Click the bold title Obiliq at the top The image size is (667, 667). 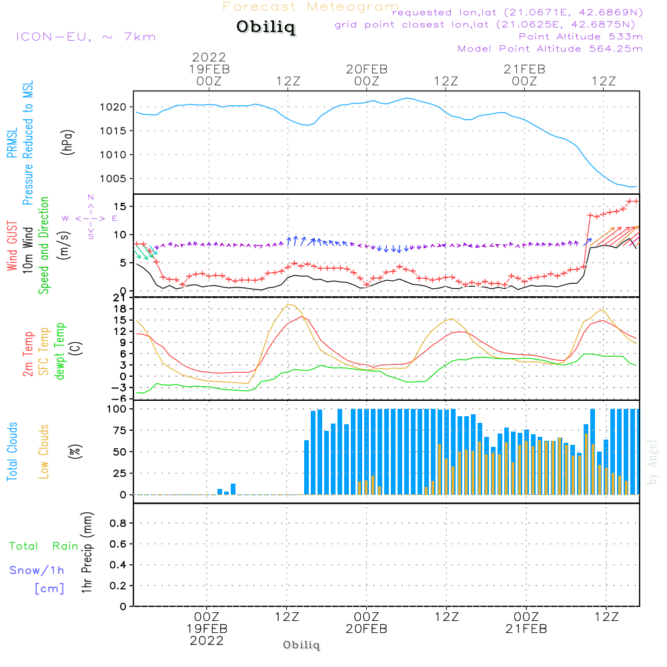point(265,27)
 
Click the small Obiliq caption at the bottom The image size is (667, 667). point(301,645)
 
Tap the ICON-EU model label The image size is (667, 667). point(85,36)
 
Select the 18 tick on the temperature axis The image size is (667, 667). point(120,308)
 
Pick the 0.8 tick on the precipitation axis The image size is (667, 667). point(118,524)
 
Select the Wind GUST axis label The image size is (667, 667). point(13,246)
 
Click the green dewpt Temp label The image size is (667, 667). point(60,351)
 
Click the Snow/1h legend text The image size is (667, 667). point(37,570)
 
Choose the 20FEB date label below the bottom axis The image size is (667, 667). point(366,629)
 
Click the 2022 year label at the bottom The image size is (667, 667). point(207,641)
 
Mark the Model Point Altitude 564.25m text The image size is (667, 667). point(550,48)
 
